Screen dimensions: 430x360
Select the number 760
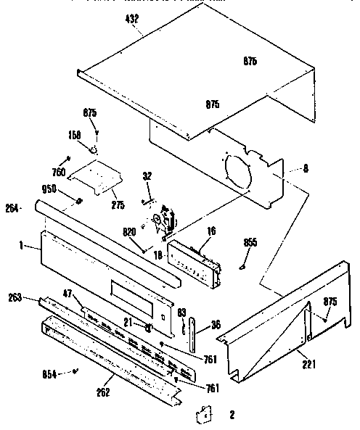59,171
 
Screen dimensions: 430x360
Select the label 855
250,241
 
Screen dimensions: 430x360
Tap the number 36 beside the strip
216,324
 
